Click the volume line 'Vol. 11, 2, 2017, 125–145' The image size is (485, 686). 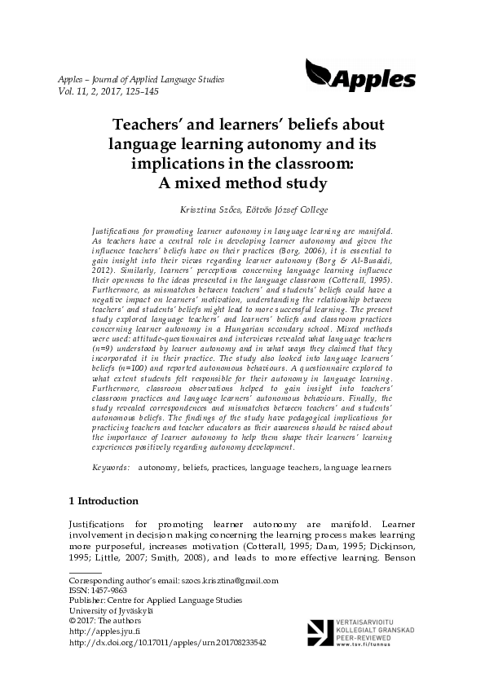pos(108,92)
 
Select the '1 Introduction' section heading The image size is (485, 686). pos(103,500)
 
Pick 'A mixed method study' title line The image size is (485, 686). pos(242,182)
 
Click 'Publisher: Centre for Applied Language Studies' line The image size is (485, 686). pos(155,600)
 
